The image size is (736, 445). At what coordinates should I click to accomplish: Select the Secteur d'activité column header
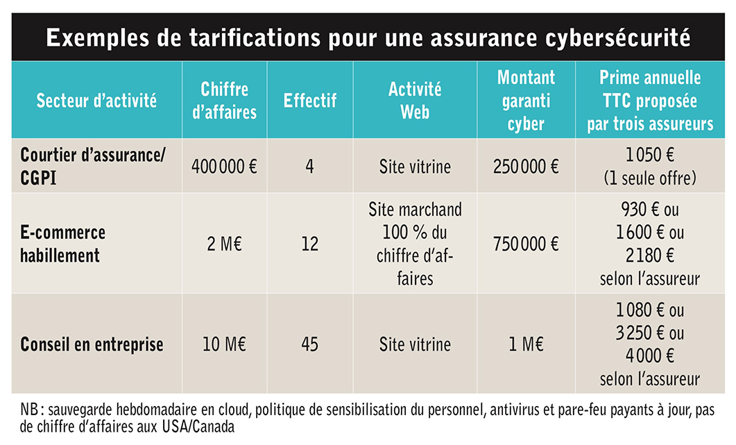pos(96,101)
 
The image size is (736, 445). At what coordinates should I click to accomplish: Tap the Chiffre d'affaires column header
pos(224,101)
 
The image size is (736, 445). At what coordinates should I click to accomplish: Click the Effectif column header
pos(310,101)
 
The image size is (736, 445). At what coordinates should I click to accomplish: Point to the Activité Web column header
pos(415,101)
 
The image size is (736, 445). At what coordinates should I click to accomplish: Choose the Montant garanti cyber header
pos(526,101)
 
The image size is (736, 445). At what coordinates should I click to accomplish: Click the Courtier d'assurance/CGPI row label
pos(92,167)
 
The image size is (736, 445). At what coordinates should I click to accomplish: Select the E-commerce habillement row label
pos(63,244)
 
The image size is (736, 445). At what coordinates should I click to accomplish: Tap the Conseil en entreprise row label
pos(92,344)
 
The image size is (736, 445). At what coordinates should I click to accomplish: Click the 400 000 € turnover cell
pos(224,167)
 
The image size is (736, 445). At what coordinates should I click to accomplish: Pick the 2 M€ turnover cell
pos(224,244)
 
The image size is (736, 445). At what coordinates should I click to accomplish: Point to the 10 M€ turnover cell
pos(224,344)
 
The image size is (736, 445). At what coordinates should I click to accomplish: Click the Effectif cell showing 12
pos(310,244)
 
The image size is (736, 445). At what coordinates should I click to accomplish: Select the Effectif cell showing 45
pos(310,344)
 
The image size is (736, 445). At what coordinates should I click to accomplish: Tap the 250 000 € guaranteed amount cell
pos(526,167)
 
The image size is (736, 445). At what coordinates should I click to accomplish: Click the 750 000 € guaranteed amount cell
pos(526,244)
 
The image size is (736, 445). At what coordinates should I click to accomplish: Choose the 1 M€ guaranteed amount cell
pos(527,344)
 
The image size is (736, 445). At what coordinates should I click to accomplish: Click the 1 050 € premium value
pos(649,155)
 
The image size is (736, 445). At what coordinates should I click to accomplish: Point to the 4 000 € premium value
pos(649,355)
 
